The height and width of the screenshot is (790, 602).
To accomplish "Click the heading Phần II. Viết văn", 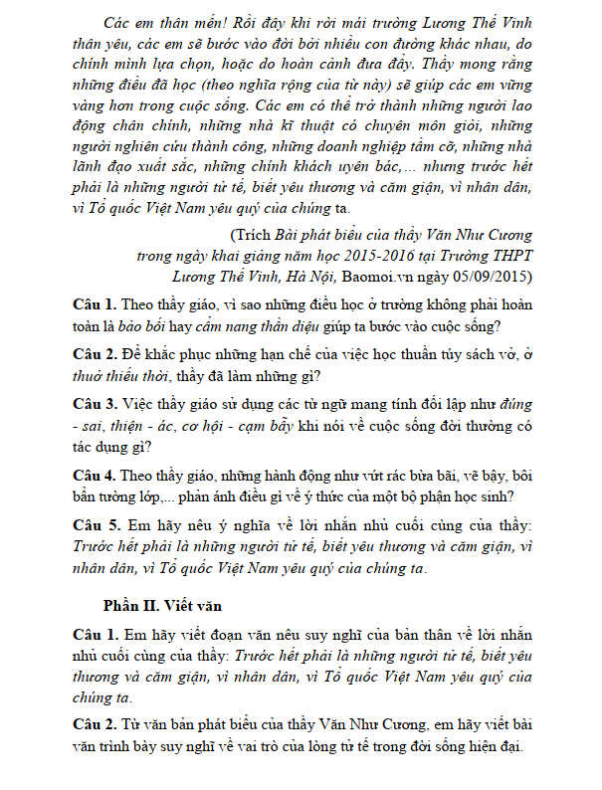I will [163, 605].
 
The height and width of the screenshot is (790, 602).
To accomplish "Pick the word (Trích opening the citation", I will [249, 235].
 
